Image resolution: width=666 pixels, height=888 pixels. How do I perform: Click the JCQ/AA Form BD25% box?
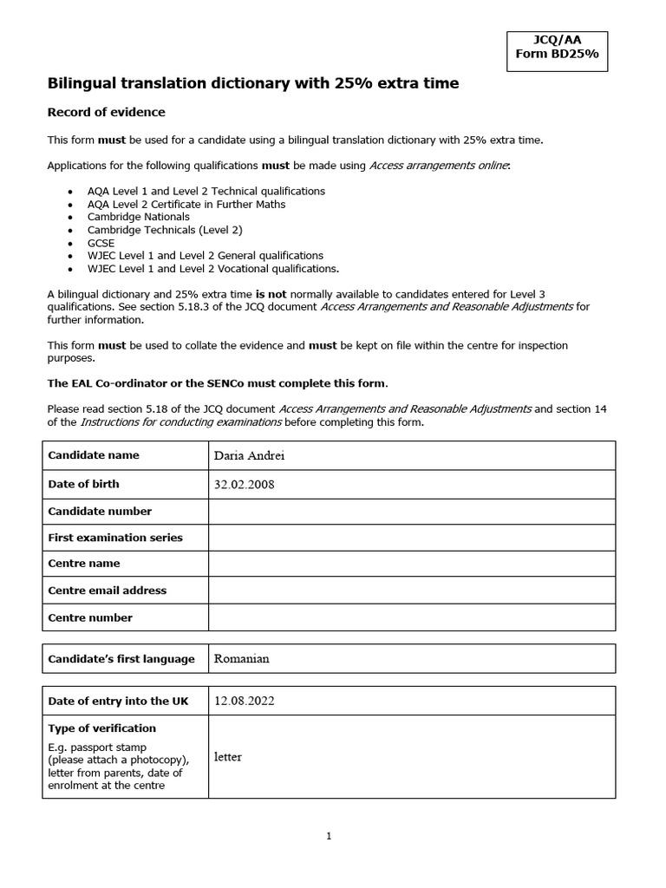point(557,51)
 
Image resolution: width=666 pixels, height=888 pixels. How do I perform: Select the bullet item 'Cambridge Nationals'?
point(138,217)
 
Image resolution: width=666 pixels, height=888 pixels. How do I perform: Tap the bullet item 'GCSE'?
point(101,243)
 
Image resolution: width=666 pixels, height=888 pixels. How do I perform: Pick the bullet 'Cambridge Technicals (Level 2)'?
point(165,230)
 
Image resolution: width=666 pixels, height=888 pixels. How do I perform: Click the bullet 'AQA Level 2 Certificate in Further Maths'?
point(186,204)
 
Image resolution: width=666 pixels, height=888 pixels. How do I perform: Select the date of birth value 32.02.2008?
point(244,485)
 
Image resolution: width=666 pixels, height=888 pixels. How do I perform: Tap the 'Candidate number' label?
point(100,512)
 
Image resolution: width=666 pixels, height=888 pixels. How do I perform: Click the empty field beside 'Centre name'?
point(411,564)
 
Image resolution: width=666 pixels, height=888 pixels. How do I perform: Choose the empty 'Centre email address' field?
point(411,591)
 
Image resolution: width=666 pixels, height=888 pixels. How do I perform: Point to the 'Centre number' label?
point(90,618)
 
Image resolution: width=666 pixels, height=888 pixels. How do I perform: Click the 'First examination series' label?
point(115,538)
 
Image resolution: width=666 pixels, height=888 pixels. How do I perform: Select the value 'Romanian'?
point(241,659)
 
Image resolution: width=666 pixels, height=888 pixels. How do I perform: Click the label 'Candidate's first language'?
point(121,659)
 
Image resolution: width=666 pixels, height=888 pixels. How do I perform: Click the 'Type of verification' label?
point(102,728)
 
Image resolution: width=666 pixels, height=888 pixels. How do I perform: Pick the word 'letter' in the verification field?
point(227,757)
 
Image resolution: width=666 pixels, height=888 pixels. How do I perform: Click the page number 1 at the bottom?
point(329,837)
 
